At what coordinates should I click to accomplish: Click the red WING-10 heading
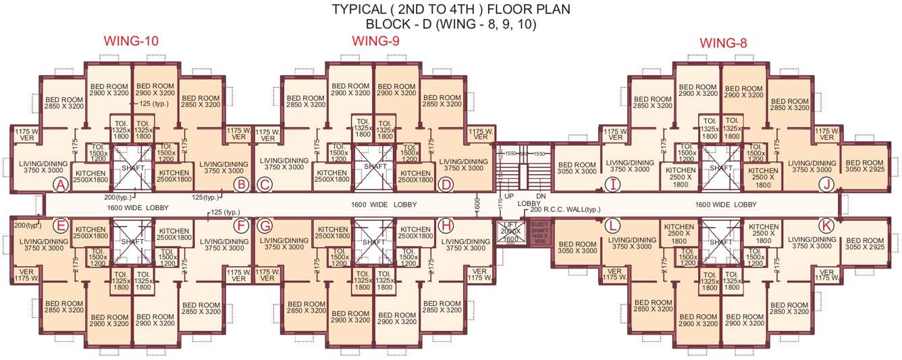pos(131,41)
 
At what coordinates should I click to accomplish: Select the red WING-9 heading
pos(375,41)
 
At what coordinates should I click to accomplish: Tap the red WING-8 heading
pos(723,44)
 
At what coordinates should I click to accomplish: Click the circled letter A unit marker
pos(61,184)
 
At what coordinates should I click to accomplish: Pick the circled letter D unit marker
pos(445,184)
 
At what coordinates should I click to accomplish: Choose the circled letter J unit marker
pos(825,184)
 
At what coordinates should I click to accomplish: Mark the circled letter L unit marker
pos(612,225)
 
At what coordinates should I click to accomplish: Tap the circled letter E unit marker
pos(61,225)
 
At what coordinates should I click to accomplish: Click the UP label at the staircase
pos(510,196)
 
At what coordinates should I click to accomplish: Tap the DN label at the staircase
pos(539,196)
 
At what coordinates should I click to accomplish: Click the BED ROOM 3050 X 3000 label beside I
pos(577,168)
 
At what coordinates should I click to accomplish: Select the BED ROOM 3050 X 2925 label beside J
pos(864,166)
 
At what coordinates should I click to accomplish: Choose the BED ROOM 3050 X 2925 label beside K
pos(864,244)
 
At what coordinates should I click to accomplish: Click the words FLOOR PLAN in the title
pos(531,9)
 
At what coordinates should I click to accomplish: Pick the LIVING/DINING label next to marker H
pos(465,245)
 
